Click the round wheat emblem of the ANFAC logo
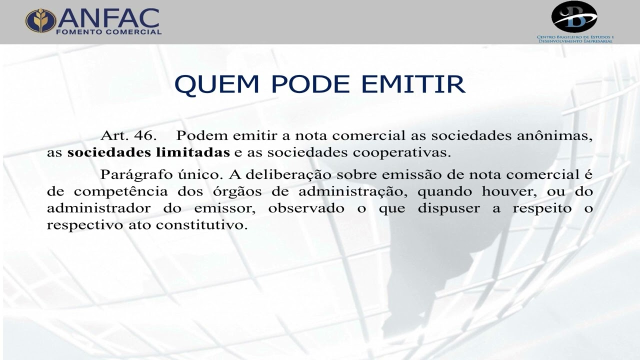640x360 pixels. click(x=41, y=21)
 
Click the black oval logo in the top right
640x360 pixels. click(x=574, y=16)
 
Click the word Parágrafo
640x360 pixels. click(x=130, y=175)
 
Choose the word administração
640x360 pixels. click(x=349, y=191)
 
